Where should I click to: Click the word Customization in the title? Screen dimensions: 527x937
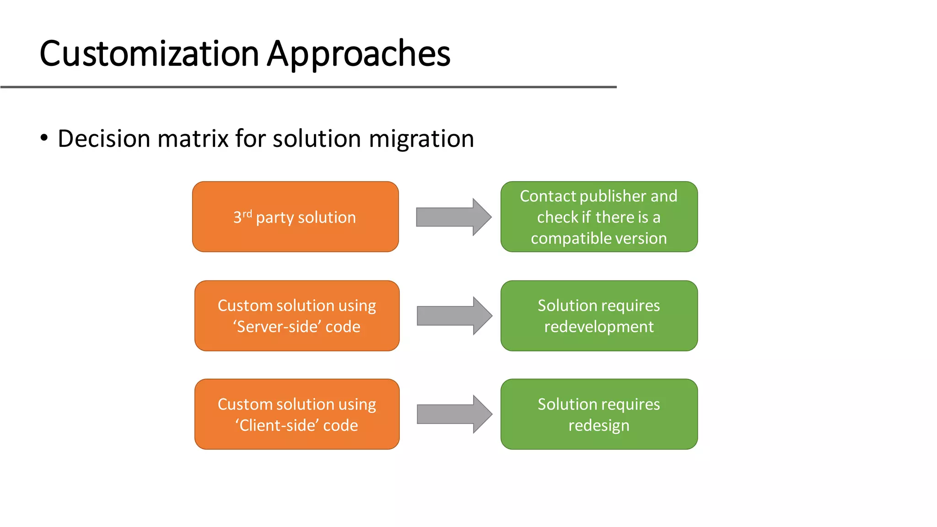(x=149, y=54)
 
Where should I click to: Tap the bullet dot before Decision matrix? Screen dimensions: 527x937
(x=44, y=138)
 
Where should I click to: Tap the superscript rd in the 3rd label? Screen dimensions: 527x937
(x=247, y=214)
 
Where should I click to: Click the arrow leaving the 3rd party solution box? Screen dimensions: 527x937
(x=453, y=217)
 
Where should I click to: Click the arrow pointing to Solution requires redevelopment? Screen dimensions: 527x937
(x=454, y=316)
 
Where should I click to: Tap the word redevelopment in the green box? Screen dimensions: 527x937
(x=598, y=327)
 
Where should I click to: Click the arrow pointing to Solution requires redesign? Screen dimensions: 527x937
(x=454, y=414)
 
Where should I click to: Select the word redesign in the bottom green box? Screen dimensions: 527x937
(x=598, y=425)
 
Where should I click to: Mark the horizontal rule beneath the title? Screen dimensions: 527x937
(x=308, y=86)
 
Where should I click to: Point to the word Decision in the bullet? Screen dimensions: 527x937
(x=104, y=139)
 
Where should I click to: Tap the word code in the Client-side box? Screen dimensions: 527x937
(x=340, y=425)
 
